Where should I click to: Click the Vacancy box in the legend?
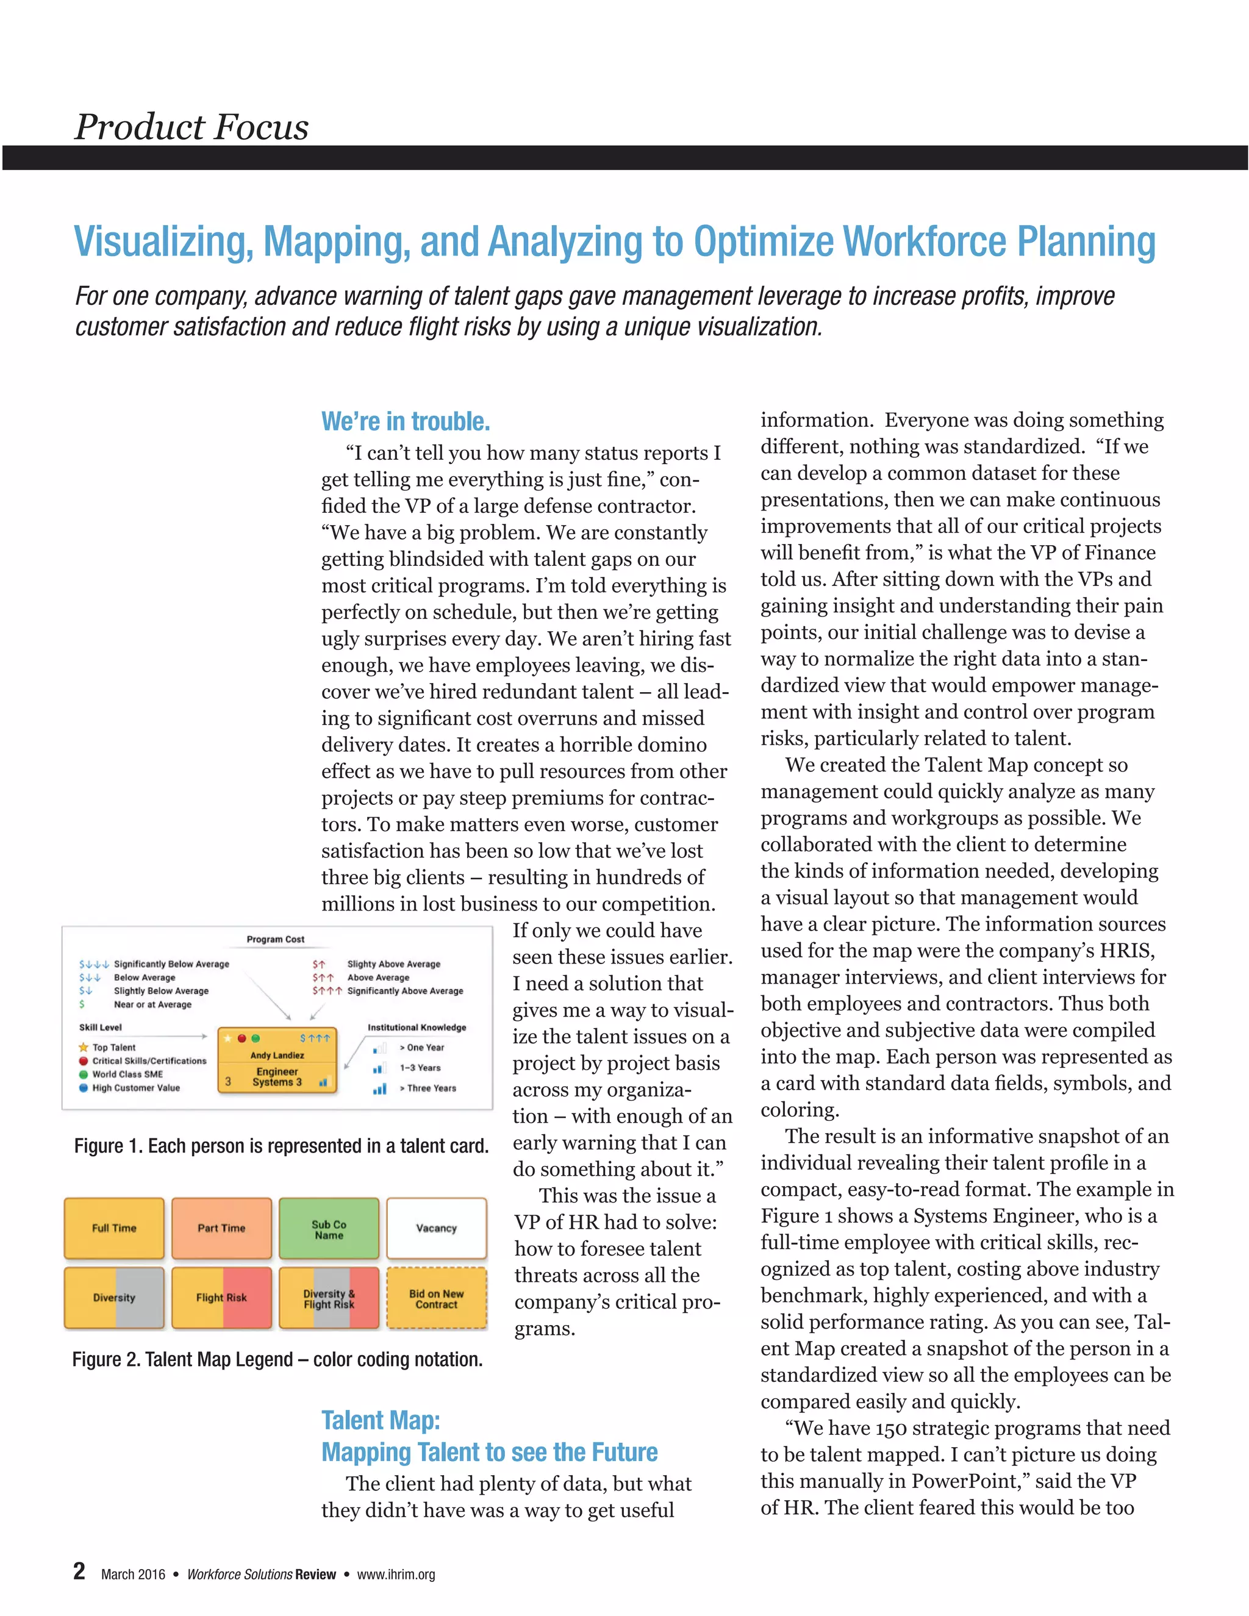[437, 1228]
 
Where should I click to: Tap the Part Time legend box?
[221, 1228]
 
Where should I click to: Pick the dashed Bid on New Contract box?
[437, 1298]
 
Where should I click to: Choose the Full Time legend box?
[114, 1228]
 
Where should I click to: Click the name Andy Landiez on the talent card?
[277, 1055]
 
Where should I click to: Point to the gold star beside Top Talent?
[84, 1047]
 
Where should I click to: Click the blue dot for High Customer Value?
[84, 1088]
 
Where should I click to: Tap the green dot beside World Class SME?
[84, 1074]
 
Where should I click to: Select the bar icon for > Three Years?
[379, 1089]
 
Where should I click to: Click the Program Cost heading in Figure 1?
[275, 939]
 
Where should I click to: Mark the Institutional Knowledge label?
[417, 1027]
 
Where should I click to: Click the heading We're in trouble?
[406, 422]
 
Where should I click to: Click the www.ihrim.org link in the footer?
[396, 1575]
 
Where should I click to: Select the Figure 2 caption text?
[277, 1359]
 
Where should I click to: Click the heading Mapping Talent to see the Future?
[489, 1452]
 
